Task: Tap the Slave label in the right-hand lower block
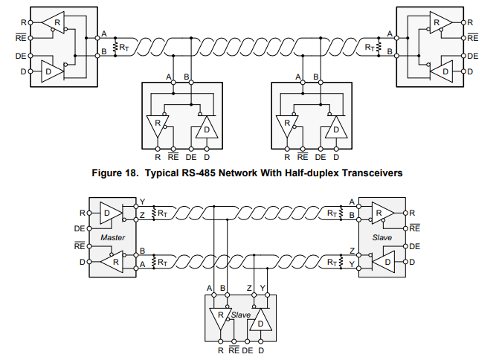coord(381,237)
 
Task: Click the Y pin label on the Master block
coord(142,202)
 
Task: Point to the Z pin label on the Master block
coord(142,216)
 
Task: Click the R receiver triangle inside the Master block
coord(112,262)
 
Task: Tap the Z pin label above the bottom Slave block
coord(249,288)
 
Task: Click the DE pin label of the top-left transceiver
coord(21,56)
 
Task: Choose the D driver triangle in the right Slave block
coord(384,263)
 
